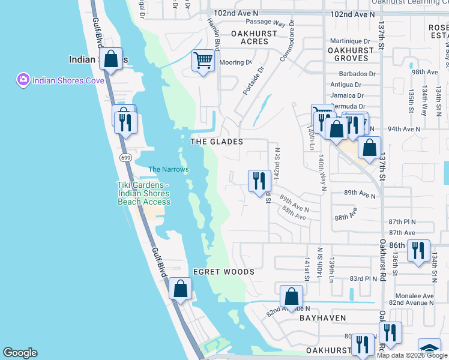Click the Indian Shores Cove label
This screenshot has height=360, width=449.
pos(68,80)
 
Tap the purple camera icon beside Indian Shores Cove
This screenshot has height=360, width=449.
pos(23,80)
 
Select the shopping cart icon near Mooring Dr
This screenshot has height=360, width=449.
pos(203,61)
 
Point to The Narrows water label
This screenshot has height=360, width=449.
pos(169,169)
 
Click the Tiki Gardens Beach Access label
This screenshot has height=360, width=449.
pos(144,194)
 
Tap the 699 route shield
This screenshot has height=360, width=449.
pos(125,158)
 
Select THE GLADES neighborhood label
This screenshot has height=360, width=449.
pos(216,142)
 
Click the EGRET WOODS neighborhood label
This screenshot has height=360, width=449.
pos(223,272)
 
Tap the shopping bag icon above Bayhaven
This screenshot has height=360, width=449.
pos(291,296)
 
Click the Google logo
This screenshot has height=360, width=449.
pos(20,353)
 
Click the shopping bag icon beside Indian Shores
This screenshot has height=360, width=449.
pos(111,59)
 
